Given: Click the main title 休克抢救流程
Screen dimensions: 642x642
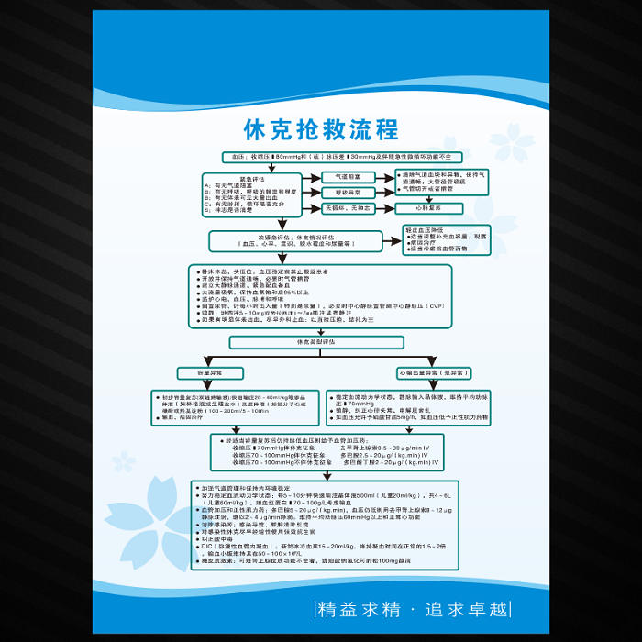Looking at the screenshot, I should [x=320, y=128].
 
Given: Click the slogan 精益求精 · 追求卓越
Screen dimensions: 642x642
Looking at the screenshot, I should [x=423, y=608].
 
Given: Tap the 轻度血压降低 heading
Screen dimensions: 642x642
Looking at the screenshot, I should [x=426, y=230].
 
